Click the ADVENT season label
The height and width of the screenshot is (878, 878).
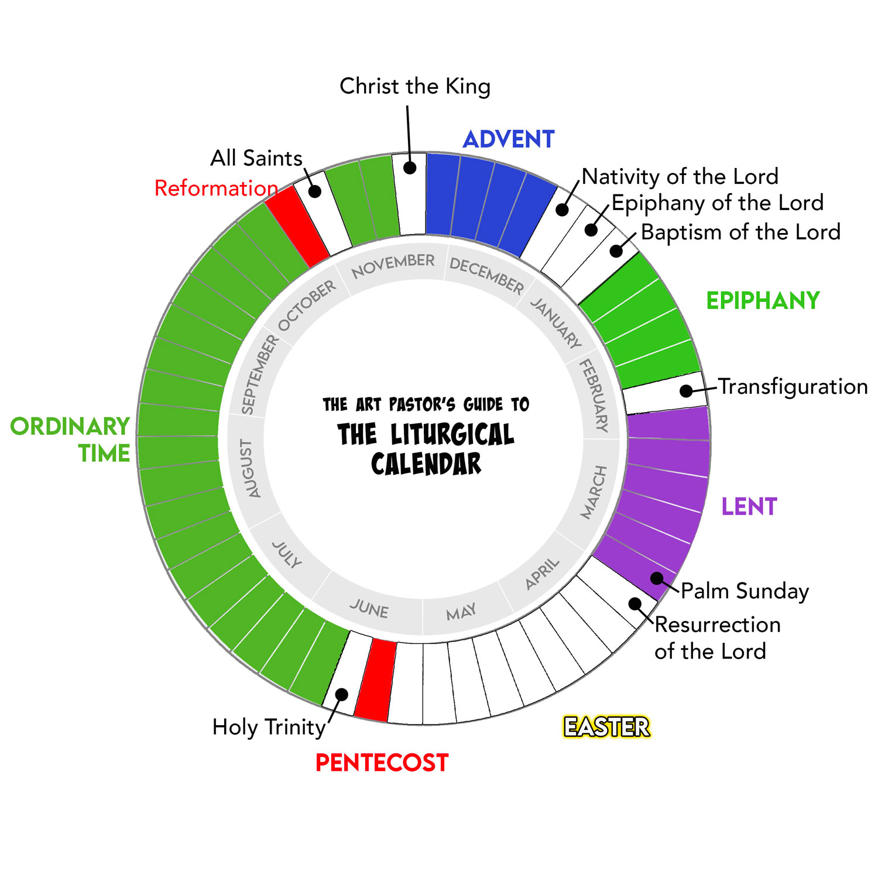click(508, 139)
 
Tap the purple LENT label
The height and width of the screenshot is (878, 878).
click(749, 506)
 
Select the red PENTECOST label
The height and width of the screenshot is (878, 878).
click(382, 763)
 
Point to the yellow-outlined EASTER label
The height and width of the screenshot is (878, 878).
click(606, 727)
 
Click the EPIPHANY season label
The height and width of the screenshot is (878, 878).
click(763, 300)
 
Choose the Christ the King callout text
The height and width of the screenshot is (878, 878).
click(415, 86)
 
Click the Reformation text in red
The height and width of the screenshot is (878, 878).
click(216, 188)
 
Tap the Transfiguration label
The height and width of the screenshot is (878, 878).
click(793, 386)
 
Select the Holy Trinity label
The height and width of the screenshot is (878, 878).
click(269, 727)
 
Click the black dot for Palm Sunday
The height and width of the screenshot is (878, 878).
click(657, 578)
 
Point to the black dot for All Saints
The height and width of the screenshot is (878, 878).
click(315, 191)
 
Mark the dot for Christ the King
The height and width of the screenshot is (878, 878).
click(410, 167)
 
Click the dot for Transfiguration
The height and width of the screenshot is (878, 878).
click(686, 390)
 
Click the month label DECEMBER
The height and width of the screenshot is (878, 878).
click(486, 275)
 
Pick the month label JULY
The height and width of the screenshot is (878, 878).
click(287, 554)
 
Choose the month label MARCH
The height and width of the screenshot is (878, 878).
click(594, 492)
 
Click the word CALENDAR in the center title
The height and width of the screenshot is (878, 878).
click(426, 464)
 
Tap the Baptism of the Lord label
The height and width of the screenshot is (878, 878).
click(740, 232)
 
